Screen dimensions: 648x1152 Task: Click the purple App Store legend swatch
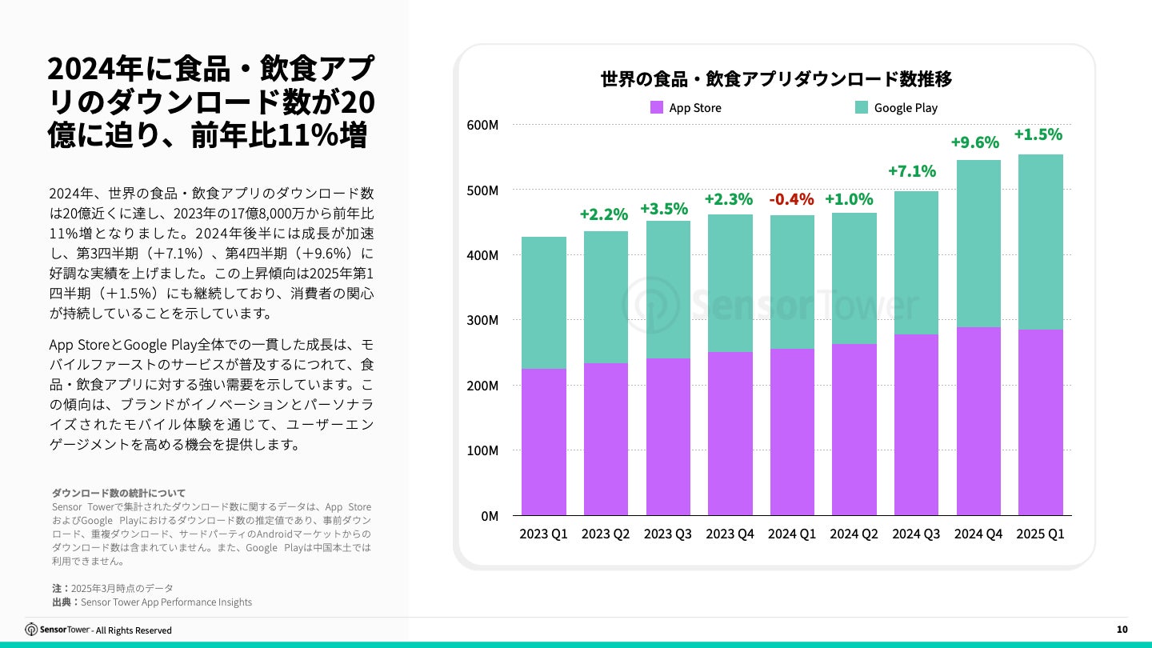coord(657,107)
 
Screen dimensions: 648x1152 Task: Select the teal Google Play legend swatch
coord(862,107)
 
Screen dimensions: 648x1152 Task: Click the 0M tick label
coord(488,516)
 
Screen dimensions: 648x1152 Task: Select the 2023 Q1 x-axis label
coord(543,534)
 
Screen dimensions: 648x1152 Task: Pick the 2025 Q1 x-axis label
coord(1041,534)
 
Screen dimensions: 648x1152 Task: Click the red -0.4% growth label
coord(791,199)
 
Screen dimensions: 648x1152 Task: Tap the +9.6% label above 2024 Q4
coord(974,142)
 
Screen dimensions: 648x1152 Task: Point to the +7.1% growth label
coord(912,171)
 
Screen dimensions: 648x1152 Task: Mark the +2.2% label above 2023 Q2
coord(603,214)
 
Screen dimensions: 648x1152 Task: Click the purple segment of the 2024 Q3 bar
coord(916,424)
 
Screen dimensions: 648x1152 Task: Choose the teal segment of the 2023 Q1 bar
coord(544,302)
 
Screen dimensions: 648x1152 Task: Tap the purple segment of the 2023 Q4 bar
coord(730,433)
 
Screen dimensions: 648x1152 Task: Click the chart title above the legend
coord(776,79)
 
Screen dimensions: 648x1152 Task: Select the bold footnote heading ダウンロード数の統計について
coord(118,493)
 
